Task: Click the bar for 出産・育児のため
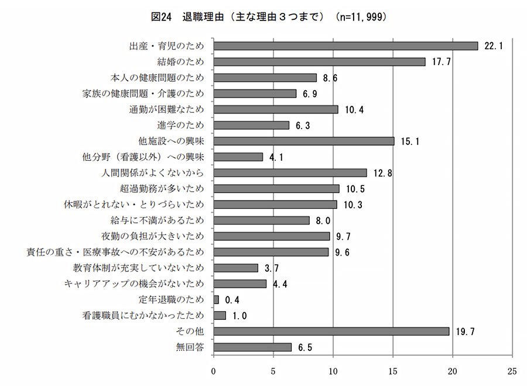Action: click(x=345, y=46)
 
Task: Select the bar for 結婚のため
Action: click(x=319, y=61)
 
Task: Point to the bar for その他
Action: click(x=331, y=331)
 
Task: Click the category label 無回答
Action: click(x=191, y=347)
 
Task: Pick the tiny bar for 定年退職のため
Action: click(x=216, y=299)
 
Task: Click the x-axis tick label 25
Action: click(x=512, y=371)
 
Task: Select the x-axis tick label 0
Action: click(x=213, y=371)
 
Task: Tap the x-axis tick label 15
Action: click(x=392, y=371)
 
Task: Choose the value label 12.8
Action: click(x=384, y=173)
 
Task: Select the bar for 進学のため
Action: click(x=251, y=125)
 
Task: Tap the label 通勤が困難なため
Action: click(x=166, y=109)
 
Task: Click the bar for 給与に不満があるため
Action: click(x=261, y=220)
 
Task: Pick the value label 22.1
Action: click(x=494, y=46)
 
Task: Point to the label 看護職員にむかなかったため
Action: click(x=143, y=316)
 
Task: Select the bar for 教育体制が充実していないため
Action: click(x=235, y=268)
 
